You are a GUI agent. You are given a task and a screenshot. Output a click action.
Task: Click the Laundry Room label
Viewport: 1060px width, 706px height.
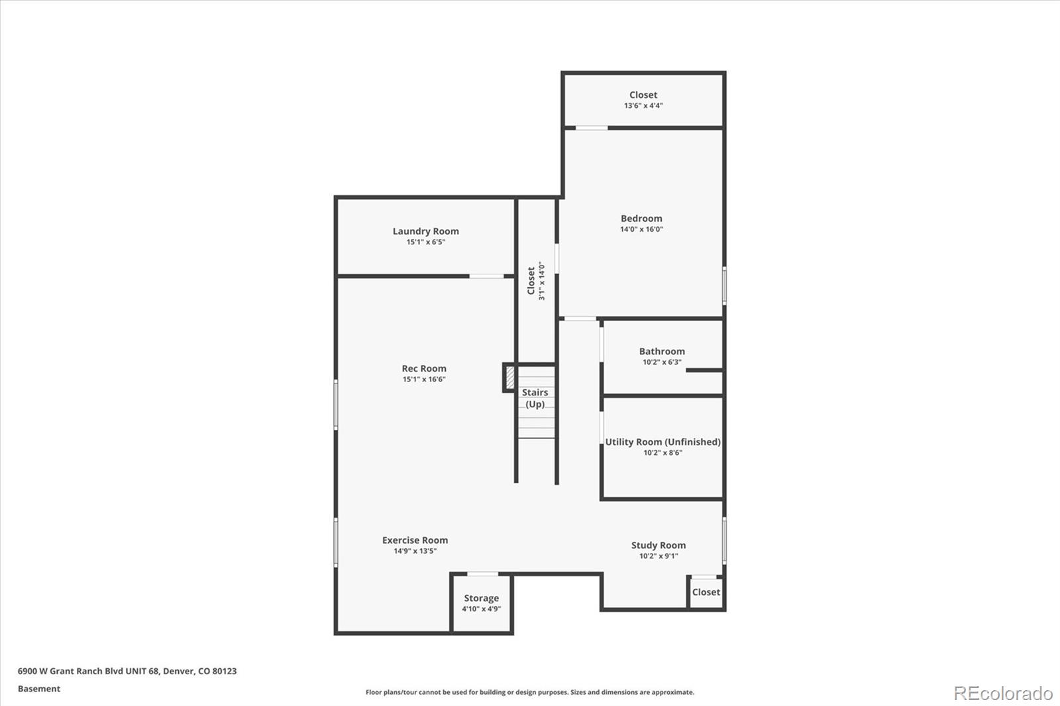[425, 231]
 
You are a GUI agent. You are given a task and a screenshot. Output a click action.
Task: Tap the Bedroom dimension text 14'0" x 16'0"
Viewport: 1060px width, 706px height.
[641, 229]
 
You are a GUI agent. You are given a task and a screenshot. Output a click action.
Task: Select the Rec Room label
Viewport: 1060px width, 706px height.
[424, 368]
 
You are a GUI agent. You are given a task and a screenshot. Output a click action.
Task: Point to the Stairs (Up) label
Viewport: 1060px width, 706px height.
[535, 398]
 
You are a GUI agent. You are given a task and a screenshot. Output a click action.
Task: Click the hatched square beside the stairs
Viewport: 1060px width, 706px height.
[509, 378]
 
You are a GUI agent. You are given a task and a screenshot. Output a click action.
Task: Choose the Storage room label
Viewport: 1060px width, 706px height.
[481, 598]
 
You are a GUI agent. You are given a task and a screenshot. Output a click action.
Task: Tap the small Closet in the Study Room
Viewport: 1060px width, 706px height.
[706, 592]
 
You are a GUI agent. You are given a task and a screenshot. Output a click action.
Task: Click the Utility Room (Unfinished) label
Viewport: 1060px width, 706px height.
[662, 442]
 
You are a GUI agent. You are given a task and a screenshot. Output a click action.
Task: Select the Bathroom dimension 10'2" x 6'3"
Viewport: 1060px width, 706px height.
[662, 362]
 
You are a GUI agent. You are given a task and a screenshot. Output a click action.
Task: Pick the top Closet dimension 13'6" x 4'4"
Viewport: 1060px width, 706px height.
[643, 105]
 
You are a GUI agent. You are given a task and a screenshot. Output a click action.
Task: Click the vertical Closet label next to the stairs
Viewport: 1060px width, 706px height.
[531, 281]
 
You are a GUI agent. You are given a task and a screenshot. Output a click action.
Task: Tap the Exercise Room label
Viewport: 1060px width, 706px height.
[415, 540]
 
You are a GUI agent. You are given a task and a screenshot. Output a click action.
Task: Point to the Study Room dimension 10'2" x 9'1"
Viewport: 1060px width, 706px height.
[658, 556]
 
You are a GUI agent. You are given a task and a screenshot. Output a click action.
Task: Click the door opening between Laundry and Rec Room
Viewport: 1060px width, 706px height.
[487, 276]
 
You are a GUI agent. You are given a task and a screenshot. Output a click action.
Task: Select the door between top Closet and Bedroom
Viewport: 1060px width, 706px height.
[591, 128]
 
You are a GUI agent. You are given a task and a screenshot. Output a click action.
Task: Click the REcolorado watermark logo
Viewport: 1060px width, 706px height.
[1002, 693]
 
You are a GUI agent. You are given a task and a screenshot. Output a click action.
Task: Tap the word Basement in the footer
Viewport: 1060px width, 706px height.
[39, 689]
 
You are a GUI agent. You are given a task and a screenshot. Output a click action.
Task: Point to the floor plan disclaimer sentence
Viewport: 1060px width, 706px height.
[530, 692]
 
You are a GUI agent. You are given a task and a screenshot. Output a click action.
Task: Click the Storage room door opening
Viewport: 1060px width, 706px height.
[482, 574]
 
